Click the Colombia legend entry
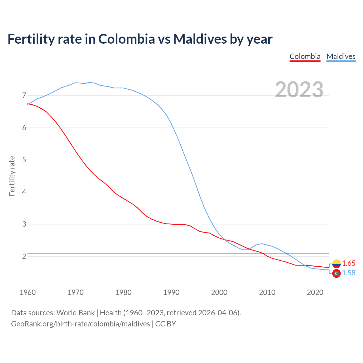coord(305,56)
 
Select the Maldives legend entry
coord(341,56)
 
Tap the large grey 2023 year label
coord(299,90)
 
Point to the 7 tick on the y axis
coord(24,95)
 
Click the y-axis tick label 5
coord(24,160)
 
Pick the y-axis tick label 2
coord(24,256)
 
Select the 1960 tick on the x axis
coord(28,292)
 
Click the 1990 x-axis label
coord(171,292)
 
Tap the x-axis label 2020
coord(315,292)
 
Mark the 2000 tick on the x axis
coord(219,292)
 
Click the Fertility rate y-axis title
coord(12,176)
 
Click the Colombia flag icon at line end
coord(336,264)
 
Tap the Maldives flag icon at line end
coord(336,274)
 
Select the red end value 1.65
coord(349,263)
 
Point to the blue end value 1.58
coord(349,273)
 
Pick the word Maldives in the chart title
coord(200,39)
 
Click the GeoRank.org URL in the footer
coord(81,324)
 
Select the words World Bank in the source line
coord(75,313)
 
